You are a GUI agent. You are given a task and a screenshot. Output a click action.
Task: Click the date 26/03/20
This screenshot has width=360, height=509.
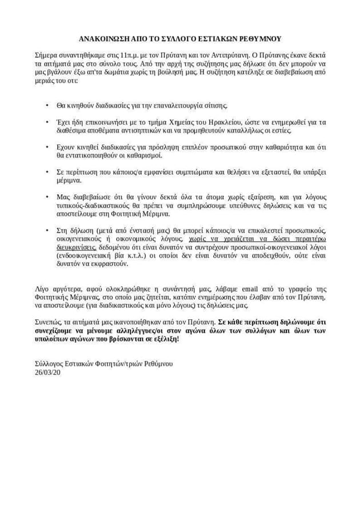tap(47, 372)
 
